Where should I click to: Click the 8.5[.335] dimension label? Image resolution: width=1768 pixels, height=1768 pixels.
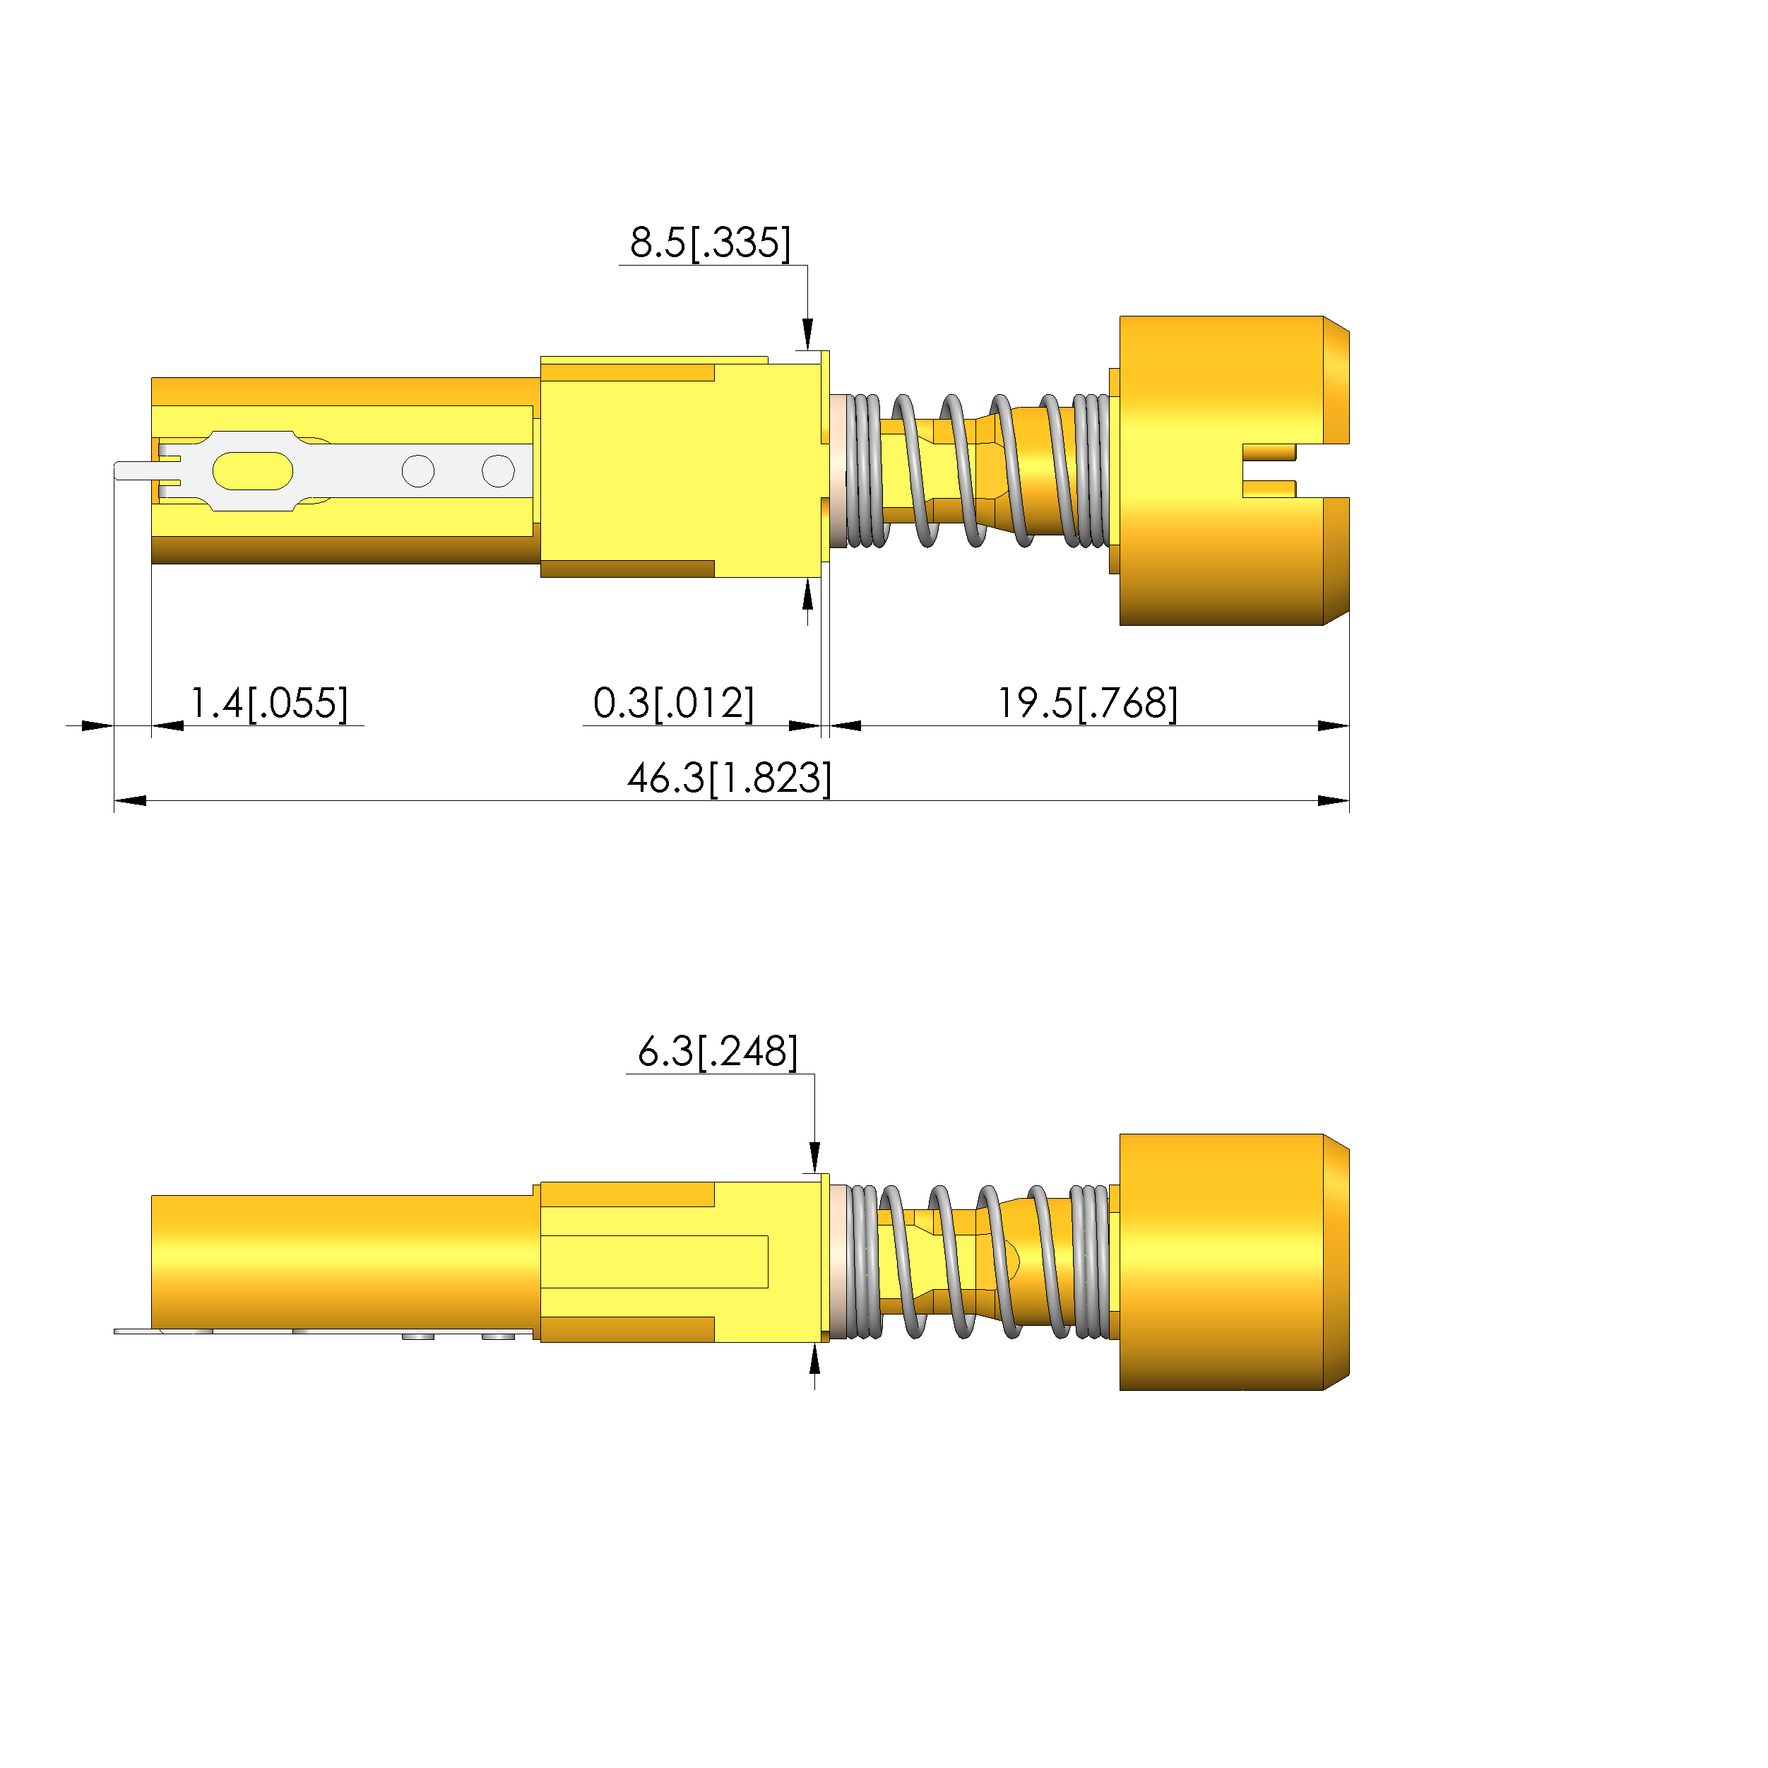[710, 242]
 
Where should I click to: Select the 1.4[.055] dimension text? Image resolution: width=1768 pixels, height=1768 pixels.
[269, 704]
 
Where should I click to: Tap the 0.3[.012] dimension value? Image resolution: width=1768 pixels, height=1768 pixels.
[674, 704]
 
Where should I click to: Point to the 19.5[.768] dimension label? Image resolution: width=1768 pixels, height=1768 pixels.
[1087, 704]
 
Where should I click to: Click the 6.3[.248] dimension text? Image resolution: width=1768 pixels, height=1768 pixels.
[718, 1052]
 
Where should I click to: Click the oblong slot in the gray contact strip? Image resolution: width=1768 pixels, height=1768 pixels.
[253, 470]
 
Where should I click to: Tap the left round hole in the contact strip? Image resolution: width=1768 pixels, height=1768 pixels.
[418, 471]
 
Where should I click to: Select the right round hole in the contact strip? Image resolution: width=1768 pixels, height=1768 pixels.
[498, 471]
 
